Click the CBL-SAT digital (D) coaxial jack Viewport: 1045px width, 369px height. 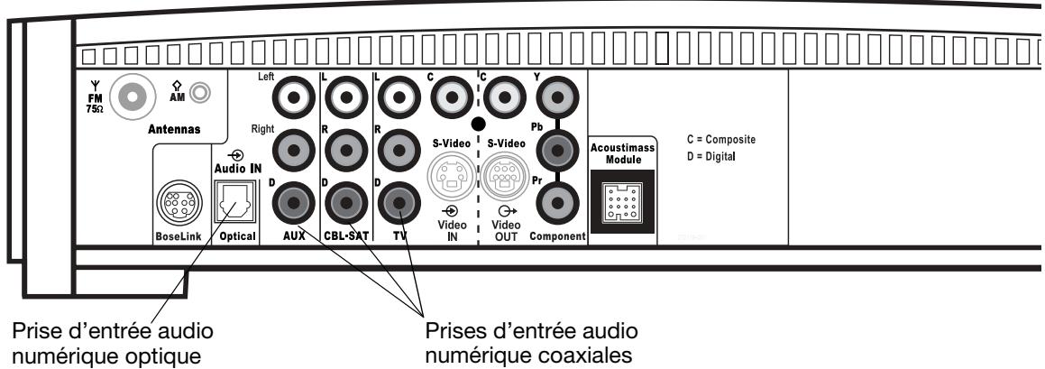(x=344, y=199)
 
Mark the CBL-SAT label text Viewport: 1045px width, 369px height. (x=344, y=236)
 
